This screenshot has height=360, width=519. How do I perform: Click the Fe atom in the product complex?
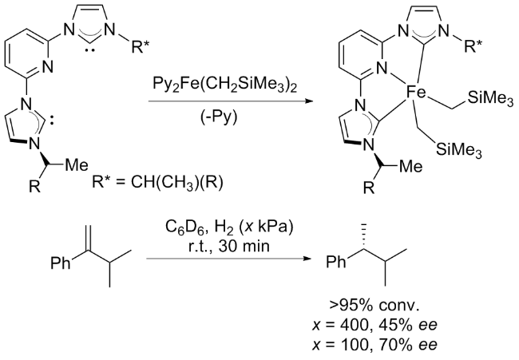[416, 93]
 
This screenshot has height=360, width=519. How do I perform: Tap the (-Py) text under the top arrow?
[219, 117]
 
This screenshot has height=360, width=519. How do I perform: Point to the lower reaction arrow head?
[307, 259]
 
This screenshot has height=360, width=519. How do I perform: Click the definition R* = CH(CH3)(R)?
[157, 183]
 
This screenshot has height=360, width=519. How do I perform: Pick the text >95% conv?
[374, 306]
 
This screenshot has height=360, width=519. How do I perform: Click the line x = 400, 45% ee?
[374, 325]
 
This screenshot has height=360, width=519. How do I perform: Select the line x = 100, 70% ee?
[374, 345]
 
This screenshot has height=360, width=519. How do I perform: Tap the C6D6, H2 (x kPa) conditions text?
[229, 228]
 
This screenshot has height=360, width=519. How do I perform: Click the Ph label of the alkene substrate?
[61, 263]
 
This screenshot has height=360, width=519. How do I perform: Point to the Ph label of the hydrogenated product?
[336, 262]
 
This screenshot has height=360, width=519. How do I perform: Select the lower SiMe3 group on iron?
[459, 150]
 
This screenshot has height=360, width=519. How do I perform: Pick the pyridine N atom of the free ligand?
[48, 67]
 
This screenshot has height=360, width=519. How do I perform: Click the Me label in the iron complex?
[411, 166]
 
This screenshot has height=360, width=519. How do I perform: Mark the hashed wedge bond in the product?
[364, 235]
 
